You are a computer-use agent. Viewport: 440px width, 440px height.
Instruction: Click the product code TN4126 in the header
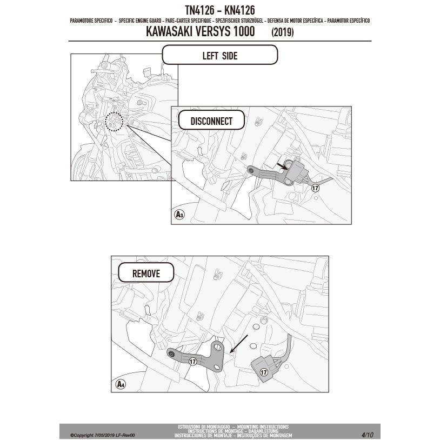(x=199, y=10)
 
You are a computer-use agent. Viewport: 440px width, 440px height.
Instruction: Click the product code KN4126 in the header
(x=239, y=10)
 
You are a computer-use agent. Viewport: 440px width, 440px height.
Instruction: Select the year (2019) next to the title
(x=282, y=32)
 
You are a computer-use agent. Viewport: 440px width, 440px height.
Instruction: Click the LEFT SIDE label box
(x=220, y=55)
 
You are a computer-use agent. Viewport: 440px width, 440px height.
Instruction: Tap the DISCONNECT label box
(x=211, y=120)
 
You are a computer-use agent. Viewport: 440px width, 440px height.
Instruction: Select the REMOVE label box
(x=146, y=273)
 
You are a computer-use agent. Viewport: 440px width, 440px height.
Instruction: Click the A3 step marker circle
(x=179, y=215)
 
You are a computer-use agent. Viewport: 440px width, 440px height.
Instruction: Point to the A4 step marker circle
(x=121, y=384)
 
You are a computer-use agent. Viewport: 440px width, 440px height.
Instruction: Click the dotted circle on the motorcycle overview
(x=114, y=122)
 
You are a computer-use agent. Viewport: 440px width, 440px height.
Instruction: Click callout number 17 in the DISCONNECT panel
(x=315, y=188)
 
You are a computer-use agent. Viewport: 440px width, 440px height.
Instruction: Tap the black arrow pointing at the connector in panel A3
(x=282, y=166)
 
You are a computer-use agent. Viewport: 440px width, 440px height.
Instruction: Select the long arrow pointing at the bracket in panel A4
(x=239, y=343)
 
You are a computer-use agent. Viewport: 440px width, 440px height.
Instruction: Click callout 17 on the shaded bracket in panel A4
(x=192, y=362)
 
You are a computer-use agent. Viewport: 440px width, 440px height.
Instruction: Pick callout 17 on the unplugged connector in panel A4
(x=263, y=372)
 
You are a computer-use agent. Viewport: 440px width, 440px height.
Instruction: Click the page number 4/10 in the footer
(x=368, y=435)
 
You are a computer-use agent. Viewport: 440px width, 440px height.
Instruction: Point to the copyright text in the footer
(x=102, y=435)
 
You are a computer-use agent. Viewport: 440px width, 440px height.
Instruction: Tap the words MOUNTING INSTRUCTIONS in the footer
(x=263, y=427)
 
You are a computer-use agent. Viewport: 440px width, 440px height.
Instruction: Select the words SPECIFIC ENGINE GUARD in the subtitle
(x=140, y=21)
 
